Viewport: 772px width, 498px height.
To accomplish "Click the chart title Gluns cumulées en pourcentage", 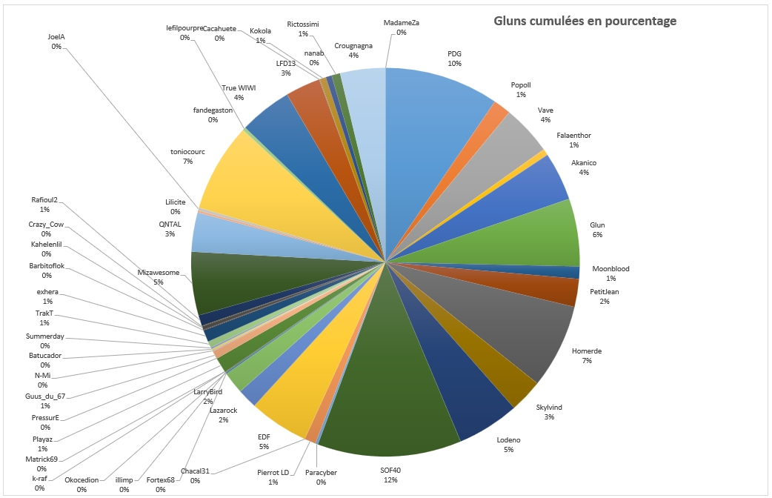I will (585, 21).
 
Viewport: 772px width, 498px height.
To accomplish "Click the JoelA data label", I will (56, 41).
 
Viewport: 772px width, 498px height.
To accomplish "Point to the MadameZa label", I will (401, 27).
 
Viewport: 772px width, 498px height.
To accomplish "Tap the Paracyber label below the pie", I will (321, 477).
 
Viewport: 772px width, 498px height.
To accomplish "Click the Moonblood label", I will (610, 273).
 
